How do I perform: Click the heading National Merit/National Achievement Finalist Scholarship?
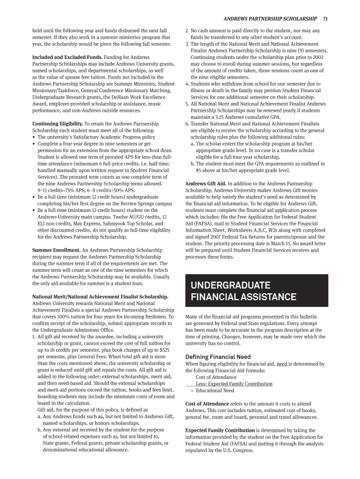pyautogui.click(x=100, y=297)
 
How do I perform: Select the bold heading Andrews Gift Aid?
pyautogui.click(x=206, y=183)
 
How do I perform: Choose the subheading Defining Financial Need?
pyautogui.click(x=218, y=357)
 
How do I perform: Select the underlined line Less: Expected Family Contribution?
pyautogui.click(x=234, y=384)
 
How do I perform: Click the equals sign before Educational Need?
pyautogui.click(x=192, y=391)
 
